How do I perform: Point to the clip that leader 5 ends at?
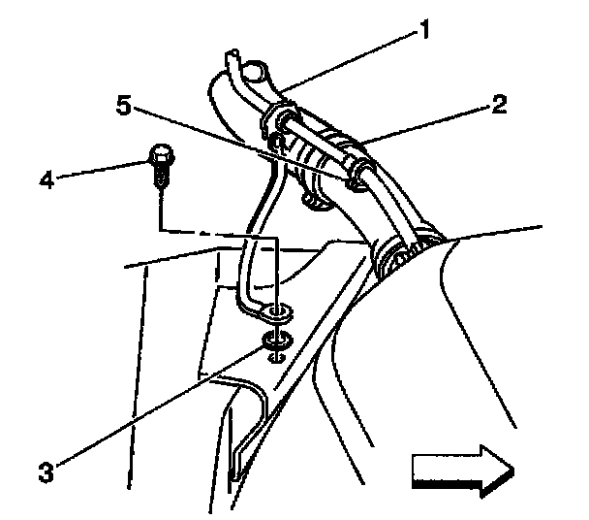click(359, 176)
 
